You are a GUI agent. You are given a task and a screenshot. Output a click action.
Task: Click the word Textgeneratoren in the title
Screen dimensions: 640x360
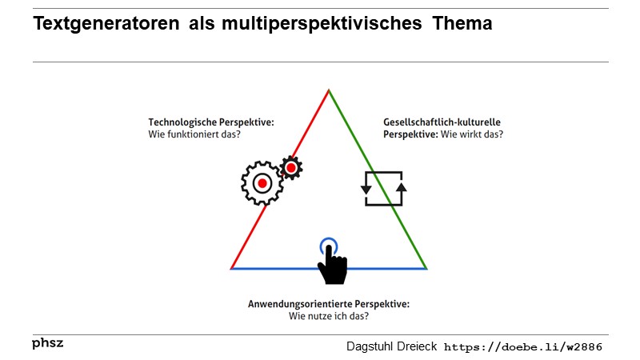[106, 24]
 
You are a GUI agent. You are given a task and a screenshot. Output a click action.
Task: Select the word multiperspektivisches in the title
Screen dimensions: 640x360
[322, 24]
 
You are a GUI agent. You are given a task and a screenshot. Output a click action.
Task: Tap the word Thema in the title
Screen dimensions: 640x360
[462, 23]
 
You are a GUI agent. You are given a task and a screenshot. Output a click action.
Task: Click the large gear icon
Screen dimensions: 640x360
[262, 183]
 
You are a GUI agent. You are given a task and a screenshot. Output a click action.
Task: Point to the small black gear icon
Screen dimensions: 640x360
[291, 167]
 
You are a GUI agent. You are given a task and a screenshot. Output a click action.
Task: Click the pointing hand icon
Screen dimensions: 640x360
[333, 265]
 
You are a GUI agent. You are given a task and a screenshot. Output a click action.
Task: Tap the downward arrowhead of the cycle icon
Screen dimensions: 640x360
[366, 190]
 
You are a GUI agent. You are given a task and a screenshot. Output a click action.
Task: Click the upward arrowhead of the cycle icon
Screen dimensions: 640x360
[402, 187]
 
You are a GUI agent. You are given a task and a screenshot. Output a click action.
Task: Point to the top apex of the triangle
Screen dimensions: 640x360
[329, 90]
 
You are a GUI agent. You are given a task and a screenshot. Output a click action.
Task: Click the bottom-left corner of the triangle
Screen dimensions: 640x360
[231, 269]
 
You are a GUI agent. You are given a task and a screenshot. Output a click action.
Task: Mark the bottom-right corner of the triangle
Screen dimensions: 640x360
[426, 269]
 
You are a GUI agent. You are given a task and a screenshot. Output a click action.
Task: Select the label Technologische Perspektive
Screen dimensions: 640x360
[211, 122]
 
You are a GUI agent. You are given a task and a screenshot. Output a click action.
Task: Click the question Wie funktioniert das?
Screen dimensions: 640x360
[194, 134]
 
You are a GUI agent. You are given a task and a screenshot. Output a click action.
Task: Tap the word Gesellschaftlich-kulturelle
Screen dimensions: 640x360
[442, 122]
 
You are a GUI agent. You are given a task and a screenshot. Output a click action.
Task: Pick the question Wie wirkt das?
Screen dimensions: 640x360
[472, 134]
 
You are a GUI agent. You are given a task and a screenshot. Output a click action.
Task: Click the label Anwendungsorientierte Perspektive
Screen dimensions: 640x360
[329, 304]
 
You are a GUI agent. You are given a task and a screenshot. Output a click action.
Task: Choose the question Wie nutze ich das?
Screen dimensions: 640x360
[329, 316]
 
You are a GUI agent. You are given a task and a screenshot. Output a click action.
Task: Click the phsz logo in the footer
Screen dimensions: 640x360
[48, 343]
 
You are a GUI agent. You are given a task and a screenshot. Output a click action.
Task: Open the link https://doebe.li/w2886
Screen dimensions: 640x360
[523, 347]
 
